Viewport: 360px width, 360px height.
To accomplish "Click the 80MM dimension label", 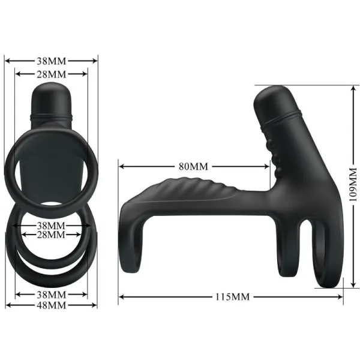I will point(191,166).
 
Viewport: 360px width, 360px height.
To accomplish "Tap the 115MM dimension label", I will point(233,296).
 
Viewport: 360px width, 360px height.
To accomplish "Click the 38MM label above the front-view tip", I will point(51,60).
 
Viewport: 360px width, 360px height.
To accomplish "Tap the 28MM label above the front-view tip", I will point(51,73).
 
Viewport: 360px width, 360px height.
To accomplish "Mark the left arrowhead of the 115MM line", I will point(121,296).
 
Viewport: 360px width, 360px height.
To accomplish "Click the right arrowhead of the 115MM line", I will point(343,296).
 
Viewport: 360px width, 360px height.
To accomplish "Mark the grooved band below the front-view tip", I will point(51,113).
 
